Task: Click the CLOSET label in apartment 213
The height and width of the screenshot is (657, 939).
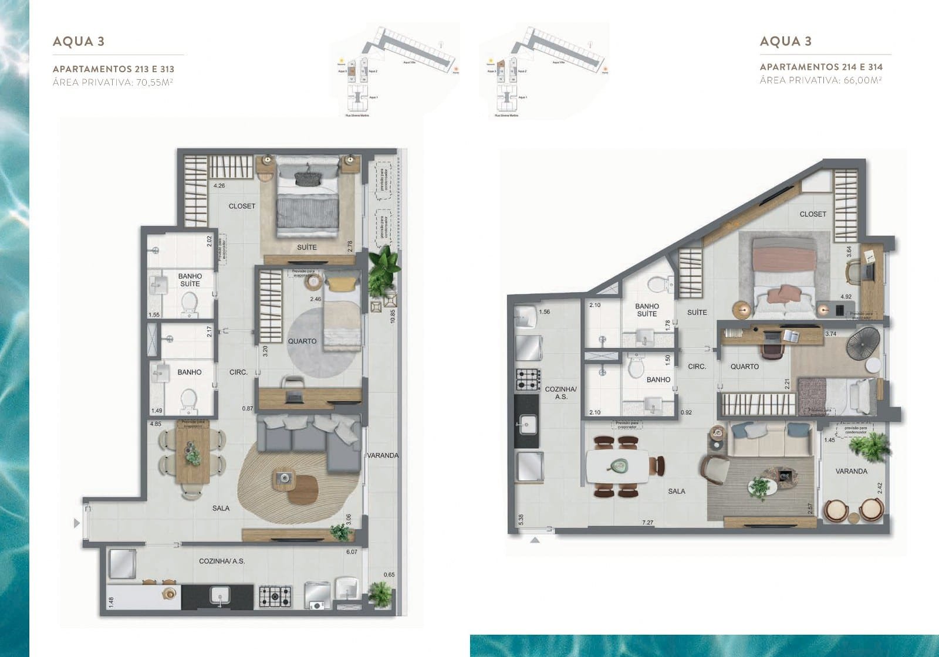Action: pyautogui.click(x=242, y=206)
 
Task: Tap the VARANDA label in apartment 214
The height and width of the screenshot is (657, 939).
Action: pyautogui.click(x=851, y=471)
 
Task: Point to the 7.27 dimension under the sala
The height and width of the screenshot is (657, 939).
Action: pyautogui.click(x=647, y=522)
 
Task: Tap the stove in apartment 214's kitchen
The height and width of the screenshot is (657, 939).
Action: pyautogui.click(x=527, y=380)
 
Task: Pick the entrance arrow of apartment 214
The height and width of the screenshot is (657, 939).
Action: pyautogui.click(x=535, y=540)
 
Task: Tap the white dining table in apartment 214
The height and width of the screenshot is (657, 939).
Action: pyautogui.click(x=617, y=466)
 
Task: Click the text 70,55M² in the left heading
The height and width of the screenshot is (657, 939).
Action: pyautogui.click(x=155, y=82)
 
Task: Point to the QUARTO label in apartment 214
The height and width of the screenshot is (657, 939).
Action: pyautogui.click(x=744, y=367)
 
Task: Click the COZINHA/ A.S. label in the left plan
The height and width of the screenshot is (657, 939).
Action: pyautogui.click(x=221, y=561)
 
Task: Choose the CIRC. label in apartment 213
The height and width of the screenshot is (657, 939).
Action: pyautogui.click(x=238, y=372)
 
